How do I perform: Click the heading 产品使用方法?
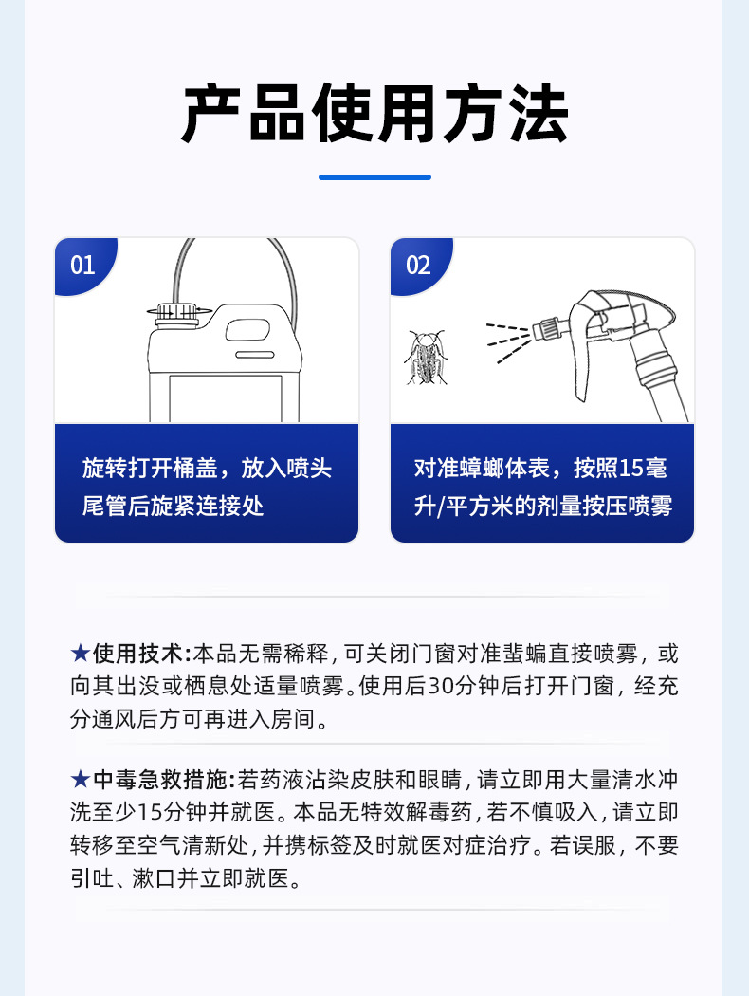point(374,114)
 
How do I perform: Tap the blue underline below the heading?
point(374,177)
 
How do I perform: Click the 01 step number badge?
point(83,265)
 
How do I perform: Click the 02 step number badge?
point(419,265)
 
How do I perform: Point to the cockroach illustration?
point(426,358)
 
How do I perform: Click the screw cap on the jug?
point(177,312)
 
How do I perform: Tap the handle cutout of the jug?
point(247,330)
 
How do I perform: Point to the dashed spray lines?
point(508,342)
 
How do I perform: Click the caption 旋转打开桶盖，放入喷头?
point(207,469)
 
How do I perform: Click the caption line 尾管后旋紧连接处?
point(173,507)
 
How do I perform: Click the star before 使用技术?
point(80,653)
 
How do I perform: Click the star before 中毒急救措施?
point(80,779)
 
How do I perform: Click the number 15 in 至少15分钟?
point(150,812)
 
